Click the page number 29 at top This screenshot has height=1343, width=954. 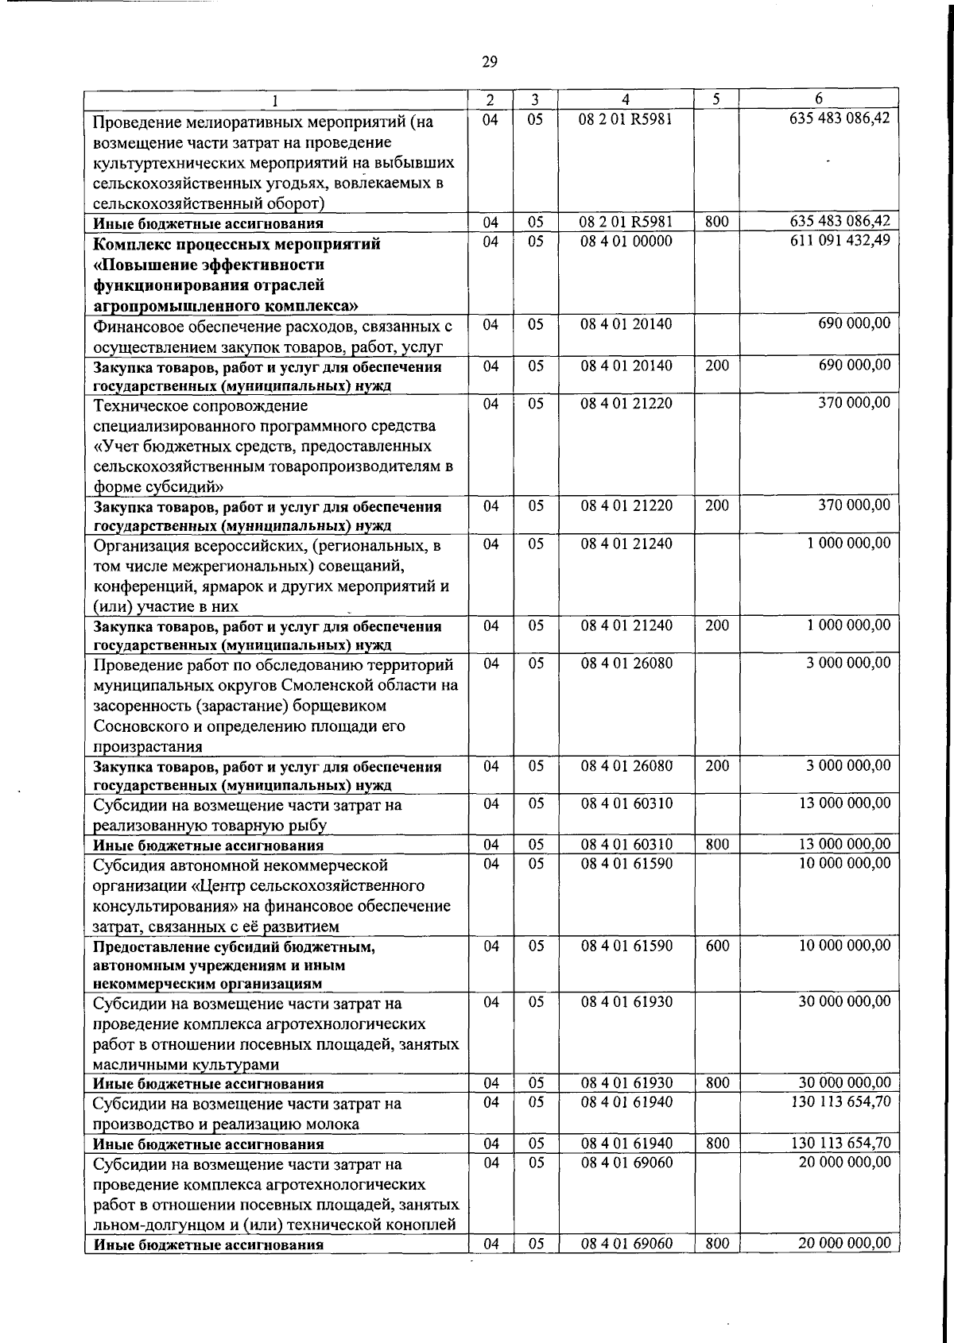tap(490, 62)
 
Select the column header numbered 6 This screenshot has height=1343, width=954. tap(818, 99)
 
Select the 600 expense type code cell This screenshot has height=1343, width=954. tap(717, 946)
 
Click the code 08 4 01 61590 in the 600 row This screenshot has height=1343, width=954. tap(626, 946)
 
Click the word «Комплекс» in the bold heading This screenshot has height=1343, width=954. tap(131, 244)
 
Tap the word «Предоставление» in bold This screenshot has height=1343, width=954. tap(152, 947)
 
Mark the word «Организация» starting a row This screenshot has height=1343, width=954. tap(141, 546)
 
